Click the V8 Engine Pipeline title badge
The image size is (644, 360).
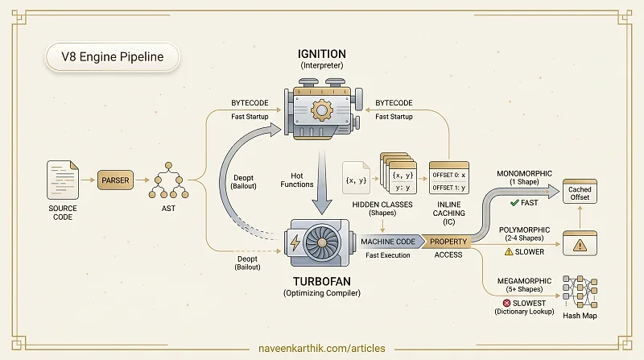[x=112, y=56]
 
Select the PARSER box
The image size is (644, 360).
[x=115, y=180]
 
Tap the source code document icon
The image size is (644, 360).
[x=63, y=180]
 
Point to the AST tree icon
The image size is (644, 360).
[x=168, y=181]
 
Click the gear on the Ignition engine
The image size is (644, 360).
[x=321, y=110]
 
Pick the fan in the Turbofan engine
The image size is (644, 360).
[x=321, y=243]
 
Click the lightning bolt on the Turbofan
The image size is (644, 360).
[x=295, y=243]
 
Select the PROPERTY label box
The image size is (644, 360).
[x=448, y=242]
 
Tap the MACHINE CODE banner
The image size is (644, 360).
[x=388, y=242]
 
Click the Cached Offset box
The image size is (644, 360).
[x=580, y=191]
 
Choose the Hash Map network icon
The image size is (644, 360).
[x=580, y=292]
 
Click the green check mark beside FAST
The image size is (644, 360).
[x=514, y=203]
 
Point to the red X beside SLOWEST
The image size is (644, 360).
[x=506, y=304]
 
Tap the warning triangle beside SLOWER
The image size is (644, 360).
[x=509, y=251]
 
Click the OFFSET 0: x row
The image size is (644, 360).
[x=449, y=175]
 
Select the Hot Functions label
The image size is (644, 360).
[x=297, y=180]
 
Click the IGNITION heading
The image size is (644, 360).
[x=321, y=54]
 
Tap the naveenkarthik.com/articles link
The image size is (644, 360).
[x=321, y=349]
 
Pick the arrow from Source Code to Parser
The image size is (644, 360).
[x=88, y=180]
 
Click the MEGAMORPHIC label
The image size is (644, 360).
[x=524, y=281]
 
